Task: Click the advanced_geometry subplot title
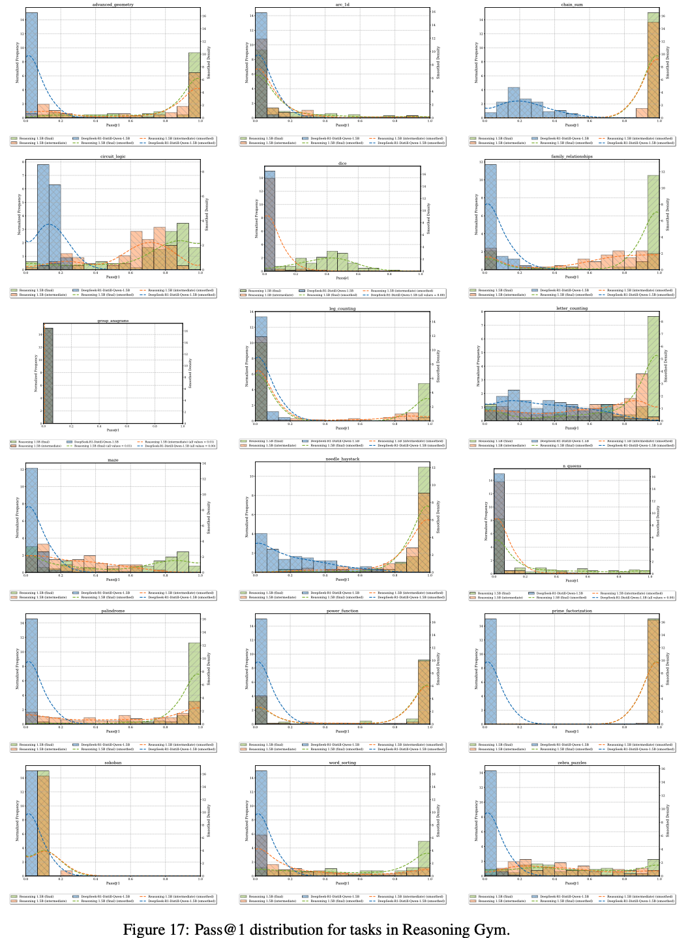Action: click(x=113, y=5)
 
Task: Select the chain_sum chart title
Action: click(x=571, y=5)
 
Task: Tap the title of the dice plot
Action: click(x=342, y=163)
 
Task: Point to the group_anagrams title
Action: click(x=113, y=321)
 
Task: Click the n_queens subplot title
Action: click(x=571, y=465)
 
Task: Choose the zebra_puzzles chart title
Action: click(x=571, y=762)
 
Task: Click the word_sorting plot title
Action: click(x=342, y=762)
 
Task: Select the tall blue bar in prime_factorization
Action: click(x=490, y=671)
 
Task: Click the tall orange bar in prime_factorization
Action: click(x=653, y=671)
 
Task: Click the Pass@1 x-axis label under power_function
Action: click(x=342, y=731)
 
